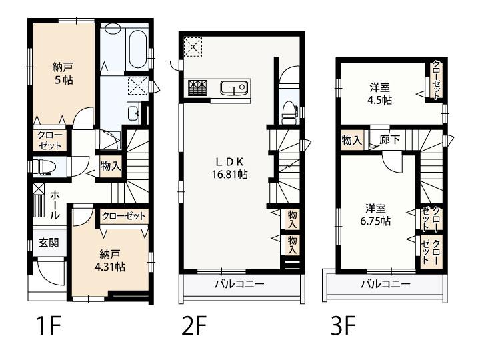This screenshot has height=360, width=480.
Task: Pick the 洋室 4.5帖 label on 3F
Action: point(381,93)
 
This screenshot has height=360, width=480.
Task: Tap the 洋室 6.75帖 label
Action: point(377,214)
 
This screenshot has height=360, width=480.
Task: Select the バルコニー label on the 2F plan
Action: point(239,284)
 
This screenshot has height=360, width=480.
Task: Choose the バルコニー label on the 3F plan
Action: point(385,284)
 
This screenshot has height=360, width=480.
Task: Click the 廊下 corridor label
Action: point(389,140)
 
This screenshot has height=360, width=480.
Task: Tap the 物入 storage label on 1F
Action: point(111,166)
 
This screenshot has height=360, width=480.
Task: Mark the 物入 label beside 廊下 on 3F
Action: point(351,140)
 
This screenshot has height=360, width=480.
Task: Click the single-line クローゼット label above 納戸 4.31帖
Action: point(124,216)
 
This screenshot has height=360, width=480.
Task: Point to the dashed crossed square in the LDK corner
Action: point(193,46)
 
